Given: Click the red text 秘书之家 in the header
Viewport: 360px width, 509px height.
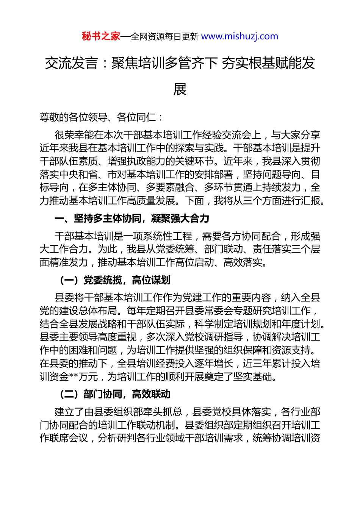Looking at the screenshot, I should (101, 36).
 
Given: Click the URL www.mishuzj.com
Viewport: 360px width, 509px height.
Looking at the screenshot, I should (239, 36).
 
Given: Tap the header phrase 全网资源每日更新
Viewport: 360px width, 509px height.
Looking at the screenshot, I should (164, 37).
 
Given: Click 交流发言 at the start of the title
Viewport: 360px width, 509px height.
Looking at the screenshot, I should (71, 63).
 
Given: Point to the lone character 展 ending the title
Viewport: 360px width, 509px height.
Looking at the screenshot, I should (180, 89).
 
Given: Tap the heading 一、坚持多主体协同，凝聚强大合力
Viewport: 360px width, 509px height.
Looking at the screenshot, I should (132, 219).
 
